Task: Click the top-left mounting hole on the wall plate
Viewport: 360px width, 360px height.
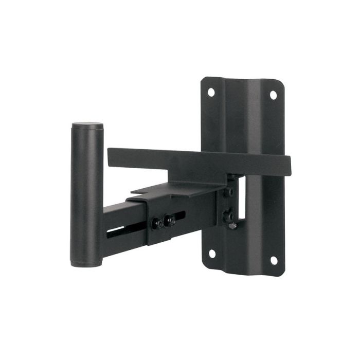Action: pos(211,92)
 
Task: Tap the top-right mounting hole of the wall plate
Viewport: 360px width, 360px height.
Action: pos(273,95)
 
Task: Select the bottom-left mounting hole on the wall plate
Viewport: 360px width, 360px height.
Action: pos(211,254)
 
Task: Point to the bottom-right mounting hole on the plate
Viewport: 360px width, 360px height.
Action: pos(274,260)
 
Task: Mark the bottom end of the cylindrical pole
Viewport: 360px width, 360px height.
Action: pos(86,263)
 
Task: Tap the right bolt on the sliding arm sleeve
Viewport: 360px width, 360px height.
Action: pos(170,221)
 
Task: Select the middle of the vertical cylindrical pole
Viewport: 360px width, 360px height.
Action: pos(86,195)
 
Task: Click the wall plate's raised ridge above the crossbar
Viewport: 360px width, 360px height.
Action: pos(242,118)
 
